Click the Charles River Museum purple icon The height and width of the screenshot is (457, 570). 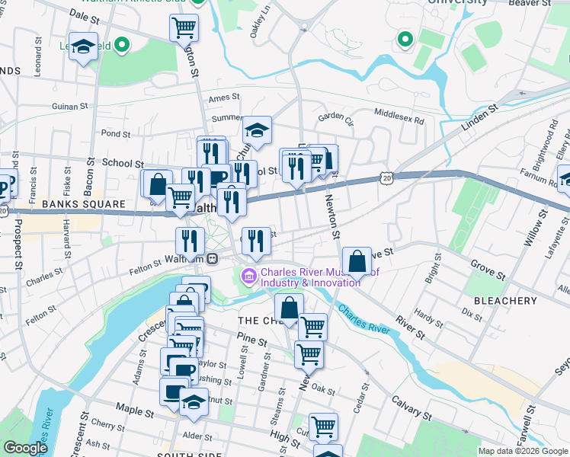pyautogui.click(x=249, y=276)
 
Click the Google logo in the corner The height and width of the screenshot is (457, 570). pyautogui.click(x=26, y=448)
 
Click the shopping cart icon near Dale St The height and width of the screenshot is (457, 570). pyautogui.click(x=184, y=27)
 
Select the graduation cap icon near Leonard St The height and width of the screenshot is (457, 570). pyautogui.click(x=83, y=46)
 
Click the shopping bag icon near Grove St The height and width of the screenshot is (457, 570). pyautogui.click(x=357, y=261)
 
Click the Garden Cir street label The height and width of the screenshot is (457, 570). pyautogui.click(x=336, y=117)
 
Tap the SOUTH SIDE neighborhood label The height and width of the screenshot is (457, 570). pyautogui.click(x=183, y=455)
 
